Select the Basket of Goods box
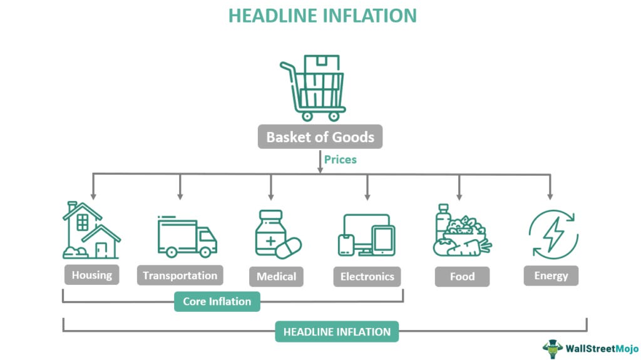320,137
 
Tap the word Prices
340,160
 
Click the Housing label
92,275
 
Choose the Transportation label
180,275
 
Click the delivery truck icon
187,237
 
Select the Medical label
276,276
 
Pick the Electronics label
367,276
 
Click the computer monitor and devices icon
367,235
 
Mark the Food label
462,276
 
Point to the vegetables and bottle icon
461,231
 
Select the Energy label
551,275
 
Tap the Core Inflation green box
217,302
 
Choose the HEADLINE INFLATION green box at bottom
337,332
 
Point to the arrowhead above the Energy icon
550,195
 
